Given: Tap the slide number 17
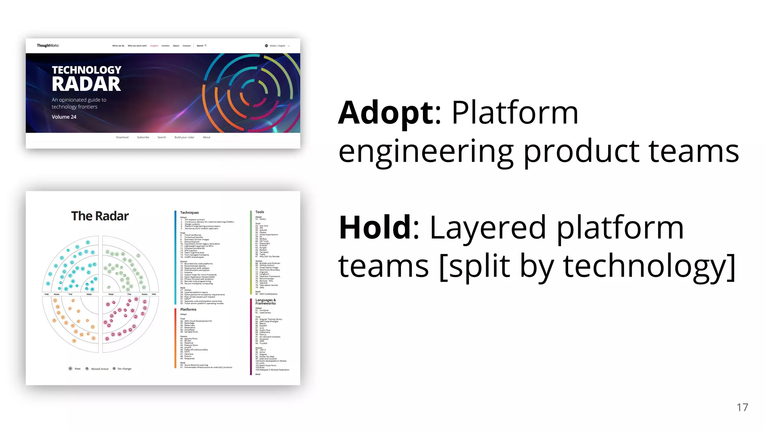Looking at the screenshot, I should pos(742,407).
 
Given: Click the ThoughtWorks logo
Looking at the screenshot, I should pos(48,46).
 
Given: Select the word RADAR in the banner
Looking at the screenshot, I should pos(86,84).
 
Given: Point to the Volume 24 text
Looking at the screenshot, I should pos(64,117).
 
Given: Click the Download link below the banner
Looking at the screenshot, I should pos(122,137).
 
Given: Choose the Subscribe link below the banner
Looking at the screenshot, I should pos(143,137).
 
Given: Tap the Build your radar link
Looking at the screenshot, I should pos(184,137).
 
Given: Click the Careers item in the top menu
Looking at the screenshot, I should pos(165,46).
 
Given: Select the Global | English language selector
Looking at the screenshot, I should pos(277,46).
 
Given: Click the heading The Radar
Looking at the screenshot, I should pos(100,216).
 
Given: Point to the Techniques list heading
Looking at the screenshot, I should pos(189,213).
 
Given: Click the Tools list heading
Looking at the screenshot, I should pos(260,212).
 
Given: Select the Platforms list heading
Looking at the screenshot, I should pos(188,309).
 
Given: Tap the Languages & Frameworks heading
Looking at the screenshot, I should pos(266,302).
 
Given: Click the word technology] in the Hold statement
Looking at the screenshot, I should pos(649,266).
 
